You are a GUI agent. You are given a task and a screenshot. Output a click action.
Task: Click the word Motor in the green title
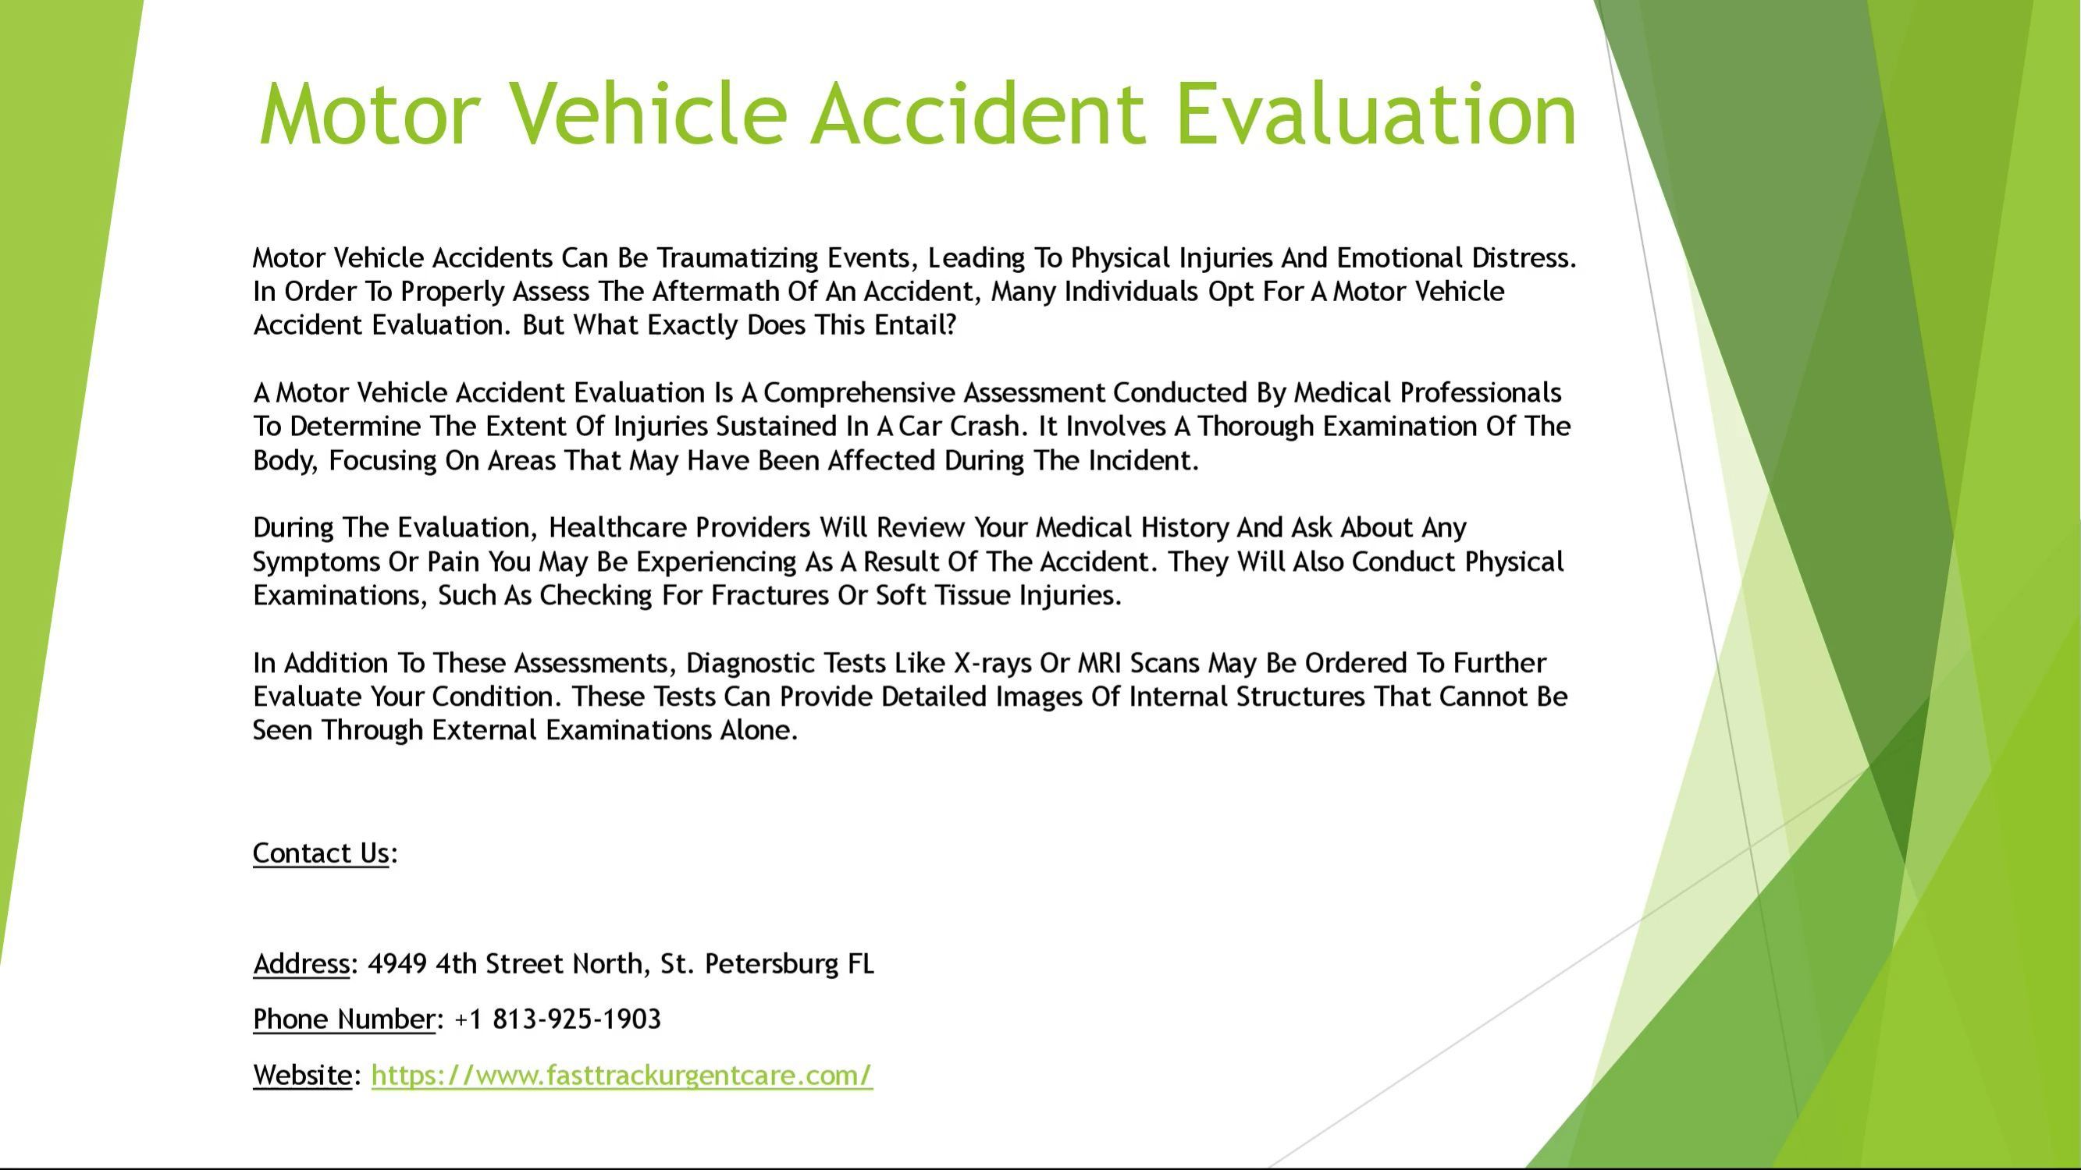[x=370, y=114]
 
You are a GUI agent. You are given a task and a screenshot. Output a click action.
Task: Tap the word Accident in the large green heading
[x=977, y=114]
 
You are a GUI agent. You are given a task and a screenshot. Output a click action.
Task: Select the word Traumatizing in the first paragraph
[x=738, y=258]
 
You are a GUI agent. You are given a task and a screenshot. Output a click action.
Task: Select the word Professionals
[x=1481, y=392]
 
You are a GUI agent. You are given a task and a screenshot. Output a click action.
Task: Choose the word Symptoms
[x=316, y=562]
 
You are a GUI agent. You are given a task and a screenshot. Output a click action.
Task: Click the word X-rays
[x=993, y=664]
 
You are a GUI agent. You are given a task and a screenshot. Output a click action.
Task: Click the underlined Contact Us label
[x=321, y=853]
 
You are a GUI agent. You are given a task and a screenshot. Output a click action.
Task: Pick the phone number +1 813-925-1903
[x=558, y=1019]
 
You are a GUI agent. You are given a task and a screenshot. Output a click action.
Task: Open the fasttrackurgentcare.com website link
[x=622, y=1076]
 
